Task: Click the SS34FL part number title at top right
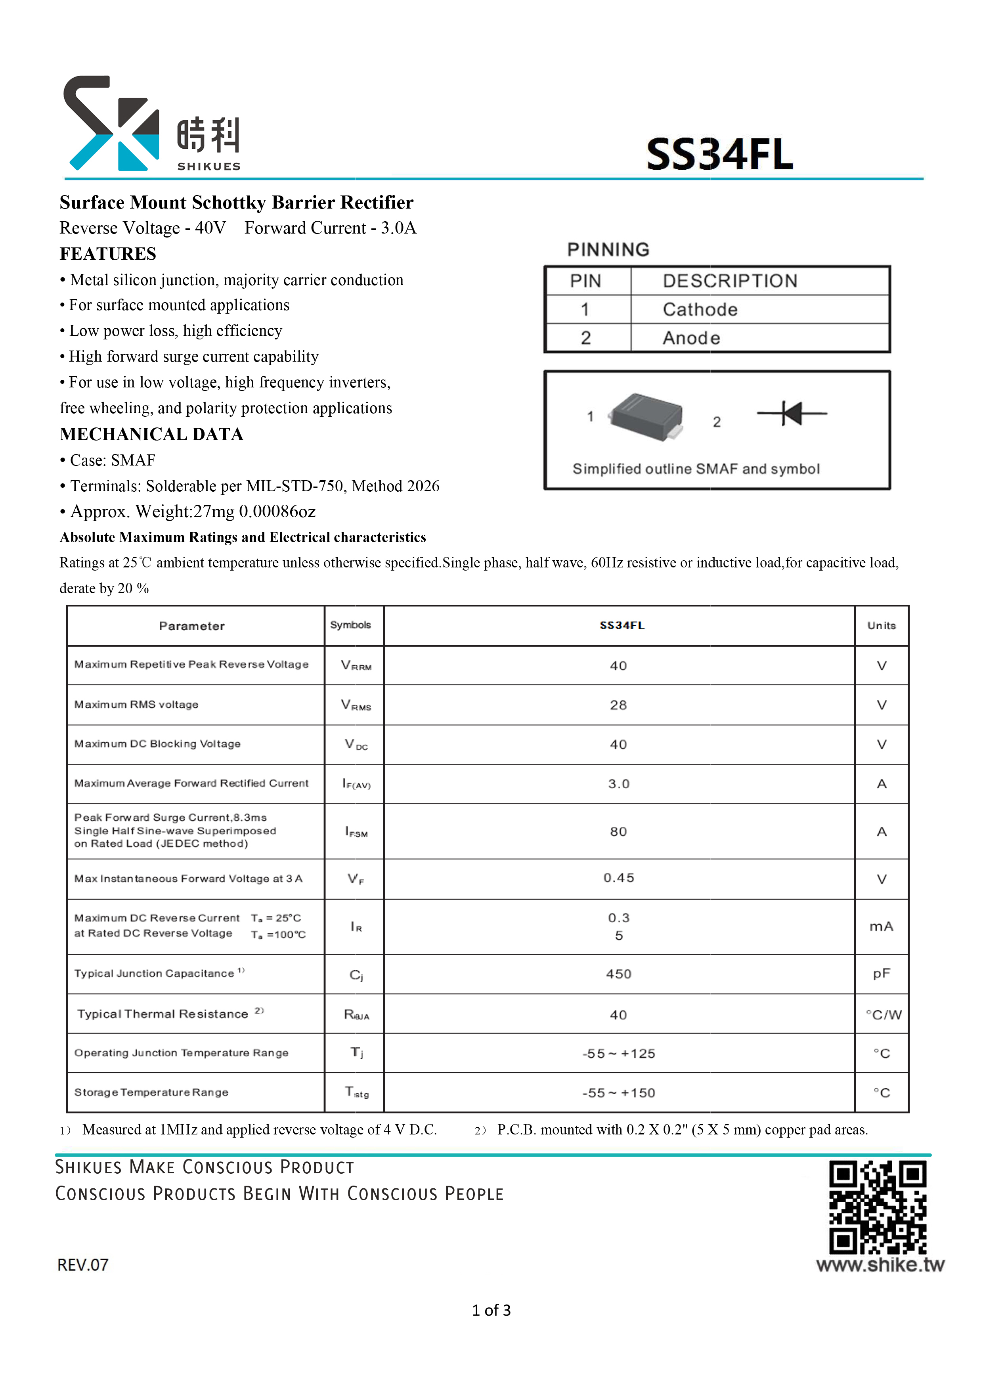coord(719,155)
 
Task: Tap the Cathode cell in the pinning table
coord(700,310)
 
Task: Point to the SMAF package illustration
coord(647,417)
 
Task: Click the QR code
coord(877,1207)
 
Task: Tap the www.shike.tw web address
coord(880,1265)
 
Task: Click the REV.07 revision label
coord(83,1265)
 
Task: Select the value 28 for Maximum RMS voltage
coord(618,705)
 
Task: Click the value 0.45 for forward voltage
coord(618,878)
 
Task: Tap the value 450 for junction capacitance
coord(618,974)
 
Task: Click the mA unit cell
coord(881,926)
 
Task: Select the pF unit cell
coord(881,973)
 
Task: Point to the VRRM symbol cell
coord(356,665)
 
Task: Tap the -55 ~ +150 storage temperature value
coord(618,1093)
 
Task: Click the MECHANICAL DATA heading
coord(151,434)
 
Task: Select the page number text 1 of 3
coord(491,1311)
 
